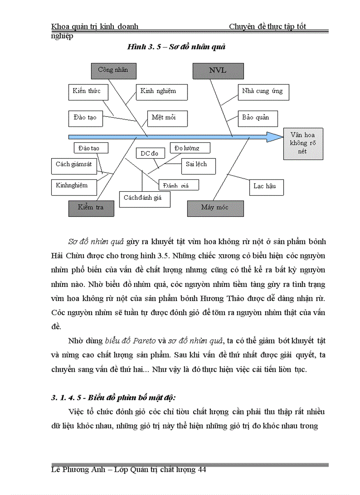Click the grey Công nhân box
[113, 70]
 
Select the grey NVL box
[218, 71]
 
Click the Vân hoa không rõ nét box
[302, 143]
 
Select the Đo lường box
[190, 148]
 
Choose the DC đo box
[150, 153]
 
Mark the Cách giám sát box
[74, 164]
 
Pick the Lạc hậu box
[266, 187]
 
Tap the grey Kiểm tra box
[91, 208]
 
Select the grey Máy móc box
[215, 208]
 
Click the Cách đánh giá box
[145, 198]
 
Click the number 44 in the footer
[202, 470]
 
